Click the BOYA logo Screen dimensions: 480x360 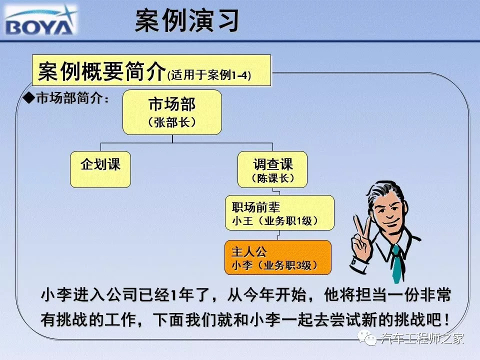click(x=40, y=20)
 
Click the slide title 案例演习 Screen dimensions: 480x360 click(x=186, y=20)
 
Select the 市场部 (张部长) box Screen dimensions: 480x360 click(x=172, y=112)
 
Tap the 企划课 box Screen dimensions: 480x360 click(x=100, y=169)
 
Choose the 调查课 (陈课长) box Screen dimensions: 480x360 click(x=272, y=169)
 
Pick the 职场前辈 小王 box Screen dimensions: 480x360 click(x=279, y=213)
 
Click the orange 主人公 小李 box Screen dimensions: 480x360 click(x=278, y=257)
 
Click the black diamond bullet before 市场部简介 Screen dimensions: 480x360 click(x=29, y=98)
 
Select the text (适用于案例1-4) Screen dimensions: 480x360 click(x=209, y=75)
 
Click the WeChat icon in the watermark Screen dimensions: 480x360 click(x=367, y=338)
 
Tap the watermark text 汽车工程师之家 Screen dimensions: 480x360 click(x=422, y=338)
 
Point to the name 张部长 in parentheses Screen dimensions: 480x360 click(x=172, y=123)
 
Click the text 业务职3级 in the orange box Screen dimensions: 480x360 click(x=287, y=265)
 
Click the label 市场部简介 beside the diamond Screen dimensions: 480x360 click(x=69, y=98)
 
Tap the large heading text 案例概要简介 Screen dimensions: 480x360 click(x=102, y=71)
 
